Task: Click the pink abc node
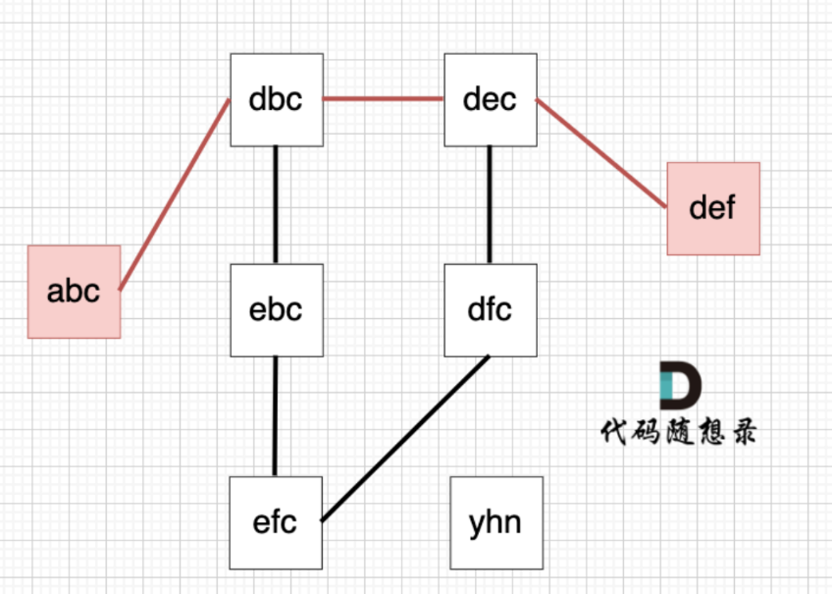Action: [x=74, y=292]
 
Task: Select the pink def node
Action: [x=713, y=208]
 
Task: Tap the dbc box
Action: [x=277, y=99]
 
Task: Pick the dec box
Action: [x=491, y=99]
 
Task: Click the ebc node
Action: [x=277, y=309]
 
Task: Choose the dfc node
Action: [x=491, y=309]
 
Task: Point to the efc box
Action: [x=275, y=521]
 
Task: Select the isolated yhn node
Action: [x=495, y=521]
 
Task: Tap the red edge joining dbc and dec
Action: [x=384, y=99]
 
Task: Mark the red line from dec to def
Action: [x=601, y=153]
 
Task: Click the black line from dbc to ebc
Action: [x=276, y=204]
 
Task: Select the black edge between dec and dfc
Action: [x=490, y=204]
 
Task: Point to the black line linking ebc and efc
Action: [x=276, y=415]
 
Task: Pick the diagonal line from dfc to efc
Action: [x=405, y=439]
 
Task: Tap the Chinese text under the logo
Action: [x=679, y=432]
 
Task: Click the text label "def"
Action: [x=713, y=208]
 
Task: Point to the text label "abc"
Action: [x=74, y=292]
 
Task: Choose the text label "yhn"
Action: [x=495, y=521]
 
